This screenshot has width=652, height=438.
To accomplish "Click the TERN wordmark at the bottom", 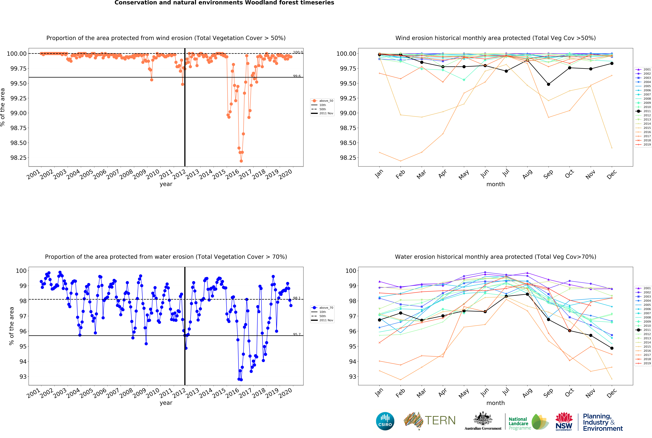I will click(440, 420).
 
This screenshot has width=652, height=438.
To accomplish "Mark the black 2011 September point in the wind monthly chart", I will click(548, 84).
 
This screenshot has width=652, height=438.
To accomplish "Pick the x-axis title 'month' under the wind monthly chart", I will click(495, 184).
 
